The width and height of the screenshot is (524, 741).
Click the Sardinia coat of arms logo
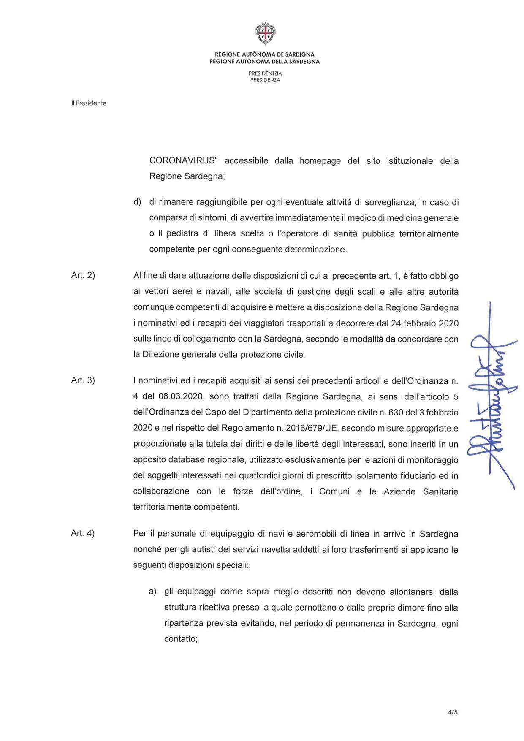point(265,34)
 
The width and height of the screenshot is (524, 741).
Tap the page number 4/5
point(453,712)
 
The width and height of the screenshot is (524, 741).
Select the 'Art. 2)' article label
point(83,276)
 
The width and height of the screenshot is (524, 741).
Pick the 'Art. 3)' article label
point(83,380)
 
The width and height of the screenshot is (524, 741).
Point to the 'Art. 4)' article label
point(83,533)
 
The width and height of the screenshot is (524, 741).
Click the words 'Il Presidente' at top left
point(89,103)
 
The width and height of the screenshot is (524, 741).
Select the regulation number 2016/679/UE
point(312,428)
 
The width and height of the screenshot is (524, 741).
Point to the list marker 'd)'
point(137,202)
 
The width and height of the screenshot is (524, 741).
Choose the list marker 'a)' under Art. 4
point(152,592)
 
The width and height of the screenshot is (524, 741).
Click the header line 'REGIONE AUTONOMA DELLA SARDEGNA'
point(265,62)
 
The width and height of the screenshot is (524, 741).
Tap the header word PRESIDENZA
point(265,80)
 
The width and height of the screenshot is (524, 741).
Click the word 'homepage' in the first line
point(320,161)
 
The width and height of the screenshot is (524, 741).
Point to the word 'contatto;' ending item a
point(181,639)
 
